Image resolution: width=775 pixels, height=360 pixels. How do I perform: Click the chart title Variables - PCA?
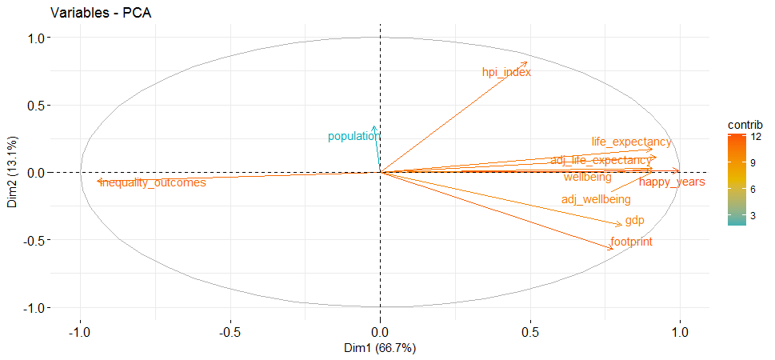click(102, 13)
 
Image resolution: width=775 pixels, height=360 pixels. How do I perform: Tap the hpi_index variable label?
click(506, 73)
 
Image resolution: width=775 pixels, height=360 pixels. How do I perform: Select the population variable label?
click(354, 137)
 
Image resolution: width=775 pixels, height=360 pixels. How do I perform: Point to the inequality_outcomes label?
click(153, 183)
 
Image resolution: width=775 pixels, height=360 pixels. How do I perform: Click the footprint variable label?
click(631, 242)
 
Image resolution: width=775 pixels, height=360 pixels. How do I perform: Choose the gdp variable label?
click(634, 221)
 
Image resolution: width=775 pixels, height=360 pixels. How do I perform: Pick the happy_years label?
click(672, 182)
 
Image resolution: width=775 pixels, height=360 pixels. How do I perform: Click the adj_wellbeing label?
click(596, 199)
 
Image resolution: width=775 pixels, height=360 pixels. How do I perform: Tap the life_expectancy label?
click(631, 142)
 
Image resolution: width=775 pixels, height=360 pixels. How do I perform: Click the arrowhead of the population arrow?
click(374, 126)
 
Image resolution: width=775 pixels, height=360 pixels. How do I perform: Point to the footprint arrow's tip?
click(613, 250)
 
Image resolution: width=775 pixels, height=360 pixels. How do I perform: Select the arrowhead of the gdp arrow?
click(621, 225)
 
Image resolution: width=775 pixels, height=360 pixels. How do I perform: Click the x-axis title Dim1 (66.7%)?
click(380, 349)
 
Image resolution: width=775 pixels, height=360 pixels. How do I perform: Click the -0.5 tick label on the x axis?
click(230, 332)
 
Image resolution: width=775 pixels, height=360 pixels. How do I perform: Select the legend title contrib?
click(745, 126)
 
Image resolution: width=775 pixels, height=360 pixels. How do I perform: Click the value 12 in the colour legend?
click(756, 138)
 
